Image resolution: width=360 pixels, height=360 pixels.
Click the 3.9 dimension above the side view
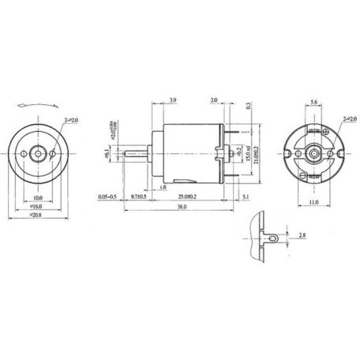coord(173,100)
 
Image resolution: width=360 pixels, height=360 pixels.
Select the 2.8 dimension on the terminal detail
coord(303,235)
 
